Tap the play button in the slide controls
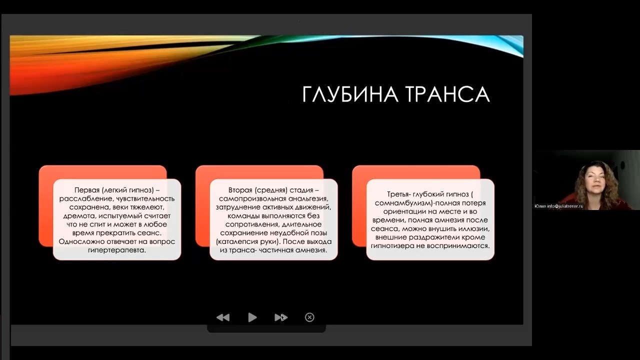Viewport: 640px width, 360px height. tap(252, 317)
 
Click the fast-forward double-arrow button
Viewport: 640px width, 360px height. tap(281, 317)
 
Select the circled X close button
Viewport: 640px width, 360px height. tap(309, 317)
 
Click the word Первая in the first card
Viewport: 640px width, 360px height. tap(87, 190)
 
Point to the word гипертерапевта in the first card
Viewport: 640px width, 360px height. tap(117, 250)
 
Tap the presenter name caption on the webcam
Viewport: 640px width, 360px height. tap(558, 206)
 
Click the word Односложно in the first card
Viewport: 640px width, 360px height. tap(81, 242)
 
